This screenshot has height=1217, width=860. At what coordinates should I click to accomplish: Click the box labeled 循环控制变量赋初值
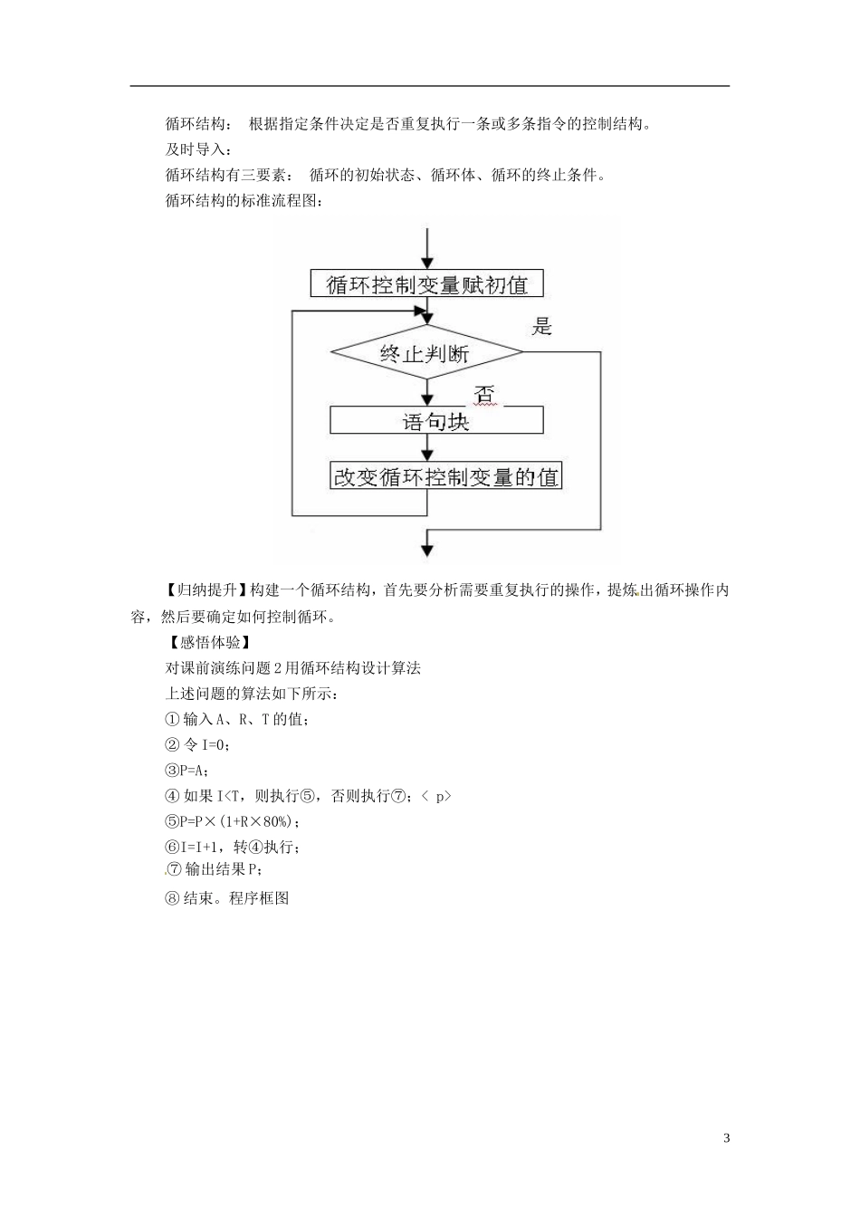point(426,284)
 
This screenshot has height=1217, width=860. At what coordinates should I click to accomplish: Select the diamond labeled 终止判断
point(426,352)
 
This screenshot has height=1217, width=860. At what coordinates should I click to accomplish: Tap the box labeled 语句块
point(436,421)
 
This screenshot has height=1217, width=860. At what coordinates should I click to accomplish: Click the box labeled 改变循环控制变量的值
point(445,476)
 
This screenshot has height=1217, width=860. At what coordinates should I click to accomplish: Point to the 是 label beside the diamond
point(541,327)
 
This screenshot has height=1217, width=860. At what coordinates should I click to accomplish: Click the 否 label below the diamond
point(484,396)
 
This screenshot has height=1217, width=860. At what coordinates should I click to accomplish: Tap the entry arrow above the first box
point(426,249)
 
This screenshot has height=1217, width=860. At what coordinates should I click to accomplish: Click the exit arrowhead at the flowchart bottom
point(426,548)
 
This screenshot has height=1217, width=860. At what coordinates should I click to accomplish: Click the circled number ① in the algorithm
point(173,720)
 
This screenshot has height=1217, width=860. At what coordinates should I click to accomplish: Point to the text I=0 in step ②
point(215,745)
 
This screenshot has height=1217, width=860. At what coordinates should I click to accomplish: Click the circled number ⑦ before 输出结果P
point(175,870)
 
